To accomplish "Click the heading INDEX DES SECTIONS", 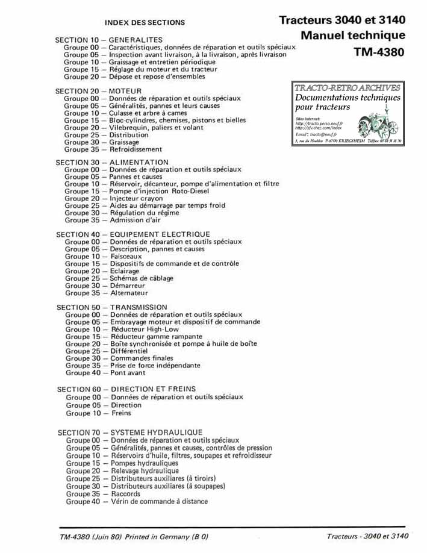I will [145, 22].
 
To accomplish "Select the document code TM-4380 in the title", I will [379, 52].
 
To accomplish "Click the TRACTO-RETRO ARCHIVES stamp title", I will [348, 88].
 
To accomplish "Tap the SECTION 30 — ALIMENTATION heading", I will [112, 163].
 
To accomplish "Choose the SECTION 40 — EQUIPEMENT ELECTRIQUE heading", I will [133, 234].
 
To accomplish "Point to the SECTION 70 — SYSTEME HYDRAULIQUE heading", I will [130, 433].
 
